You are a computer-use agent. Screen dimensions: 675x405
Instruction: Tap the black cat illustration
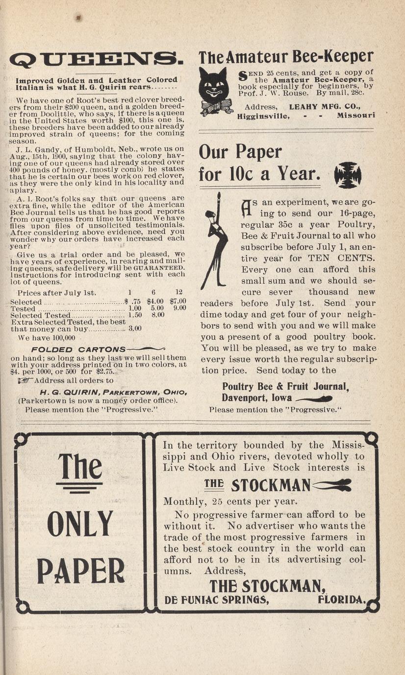pyautogui.click(x=214, y=91)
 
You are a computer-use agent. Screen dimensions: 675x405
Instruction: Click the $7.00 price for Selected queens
pyautogui.click(x=177, y=302)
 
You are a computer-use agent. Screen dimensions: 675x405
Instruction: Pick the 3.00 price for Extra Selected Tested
pyautogui.click(x=135, y=329)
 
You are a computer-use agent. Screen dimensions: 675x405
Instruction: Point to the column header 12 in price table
pyautogui.click(x=178, y=292)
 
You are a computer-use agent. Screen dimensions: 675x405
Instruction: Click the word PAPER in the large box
pyautogui.click(x=81, y=571)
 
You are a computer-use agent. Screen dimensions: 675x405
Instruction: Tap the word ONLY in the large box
pyautogui.click(x=80, y=524)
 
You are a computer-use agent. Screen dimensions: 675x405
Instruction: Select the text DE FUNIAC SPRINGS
pyautogui.click(x=217, y=600)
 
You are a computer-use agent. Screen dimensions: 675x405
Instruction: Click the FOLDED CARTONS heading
pyautogui.click(x=78, y=349)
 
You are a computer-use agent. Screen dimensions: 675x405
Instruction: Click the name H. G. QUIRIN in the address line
pyautogui.click(x=68, y=392)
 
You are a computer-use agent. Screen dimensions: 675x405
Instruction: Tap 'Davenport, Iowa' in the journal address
pyautogui.click(x=256, y=397)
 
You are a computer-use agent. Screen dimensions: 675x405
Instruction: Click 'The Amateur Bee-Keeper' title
pyautogui.click(x=286, y=57)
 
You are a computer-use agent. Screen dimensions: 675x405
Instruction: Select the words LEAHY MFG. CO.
pyautogui.click(x=325, y=106)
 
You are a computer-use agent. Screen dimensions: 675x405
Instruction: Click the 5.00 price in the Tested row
pyautogui.click(x=157, y=308)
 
